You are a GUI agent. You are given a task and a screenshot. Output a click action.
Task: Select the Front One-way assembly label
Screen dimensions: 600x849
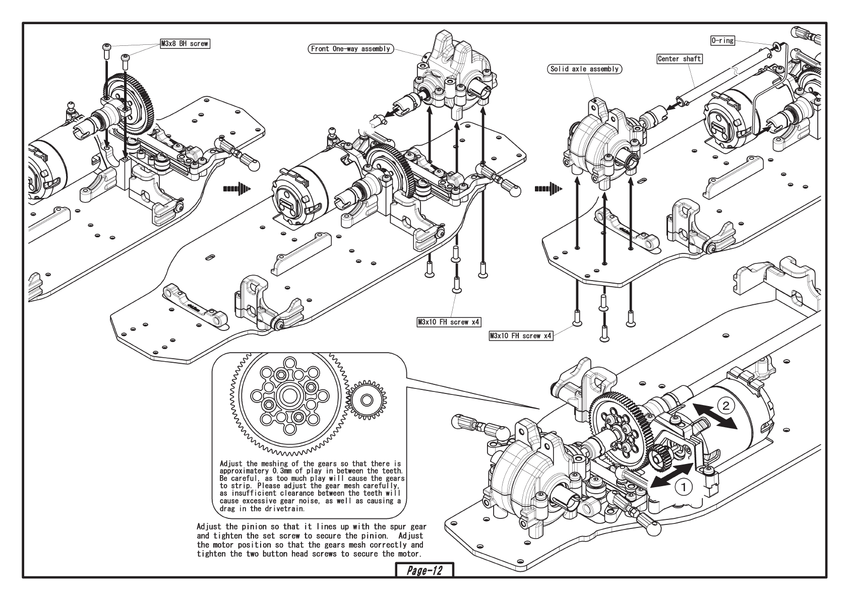(350, 49)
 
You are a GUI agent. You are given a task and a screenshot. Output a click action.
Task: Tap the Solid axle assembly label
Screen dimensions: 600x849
(584, 69)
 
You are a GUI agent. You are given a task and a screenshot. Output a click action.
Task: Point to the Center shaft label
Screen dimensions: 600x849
(679, 59)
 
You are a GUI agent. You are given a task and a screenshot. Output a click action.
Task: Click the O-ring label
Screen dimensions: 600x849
(722, 40)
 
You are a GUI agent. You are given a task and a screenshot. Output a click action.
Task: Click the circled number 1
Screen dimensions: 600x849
(683, 487)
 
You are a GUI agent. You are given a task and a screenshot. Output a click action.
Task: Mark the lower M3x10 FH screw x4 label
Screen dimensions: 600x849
(521, 336)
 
